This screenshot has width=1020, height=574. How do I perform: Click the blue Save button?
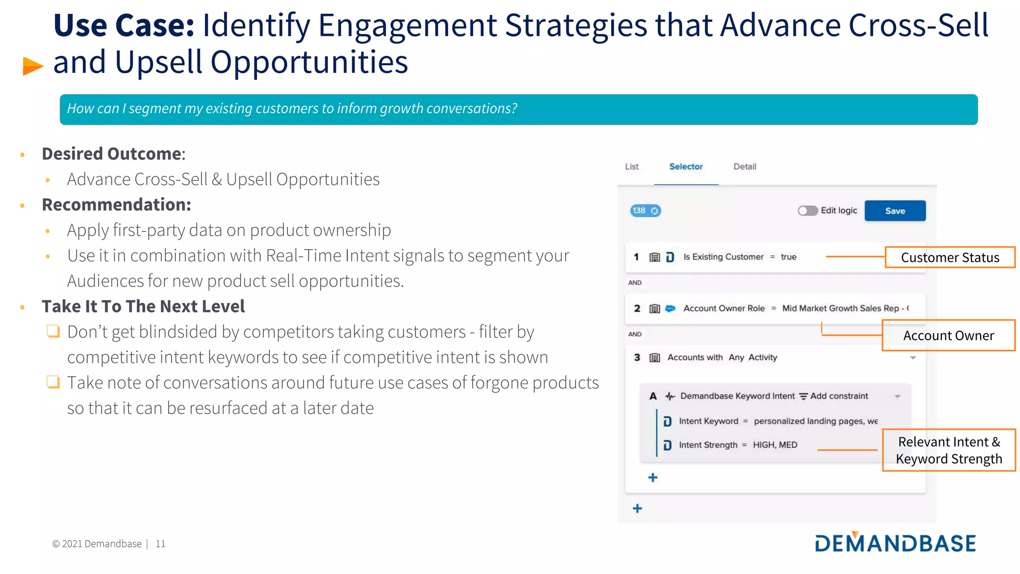[894, 211]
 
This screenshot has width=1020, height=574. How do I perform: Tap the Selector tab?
[685, 167]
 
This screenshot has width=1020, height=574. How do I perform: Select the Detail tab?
[744, 167]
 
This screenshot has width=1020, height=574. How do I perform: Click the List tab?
[632, 167]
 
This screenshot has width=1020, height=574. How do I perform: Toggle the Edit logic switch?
[807, 211]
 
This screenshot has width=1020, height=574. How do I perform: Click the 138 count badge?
[645, 211]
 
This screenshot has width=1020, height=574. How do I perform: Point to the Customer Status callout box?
[949, 258]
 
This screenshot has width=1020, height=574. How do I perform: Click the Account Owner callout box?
[948, 336]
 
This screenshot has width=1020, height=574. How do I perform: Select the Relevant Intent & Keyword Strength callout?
[948, 450]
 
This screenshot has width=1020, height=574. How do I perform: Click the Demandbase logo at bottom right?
[895, 543]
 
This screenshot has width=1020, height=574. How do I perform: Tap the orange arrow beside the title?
[33, 66]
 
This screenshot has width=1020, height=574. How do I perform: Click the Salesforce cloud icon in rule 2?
[670, 308]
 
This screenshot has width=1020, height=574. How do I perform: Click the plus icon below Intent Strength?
[652, 477]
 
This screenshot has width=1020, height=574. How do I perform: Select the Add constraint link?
[838, 396]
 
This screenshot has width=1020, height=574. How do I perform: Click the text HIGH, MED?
[774, 445]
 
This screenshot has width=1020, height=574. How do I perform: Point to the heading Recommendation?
[116, 205]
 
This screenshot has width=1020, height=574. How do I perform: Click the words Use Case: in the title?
[124, 26]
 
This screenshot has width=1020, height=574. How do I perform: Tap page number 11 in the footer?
[160, 544]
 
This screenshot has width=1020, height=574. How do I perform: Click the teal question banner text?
[292, 109]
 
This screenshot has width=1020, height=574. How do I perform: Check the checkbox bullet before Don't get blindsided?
[53, 331]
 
